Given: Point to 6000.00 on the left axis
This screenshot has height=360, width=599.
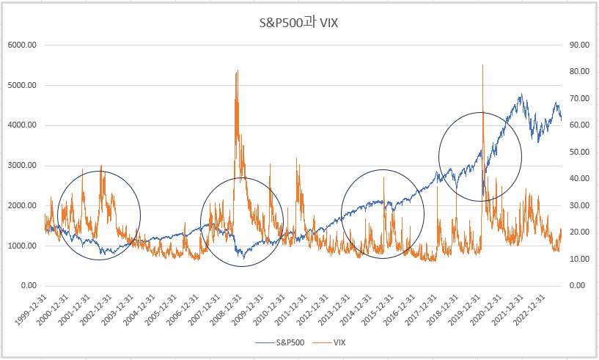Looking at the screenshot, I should tap(22, 45).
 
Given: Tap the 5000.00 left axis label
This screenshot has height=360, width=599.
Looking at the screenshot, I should tap(22, 85).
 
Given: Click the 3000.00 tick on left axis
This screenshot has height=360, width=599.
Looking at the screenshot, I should tap(22, 165).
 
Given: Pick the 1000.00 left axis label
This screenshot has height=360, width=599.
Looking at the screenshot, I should tap(22, 246).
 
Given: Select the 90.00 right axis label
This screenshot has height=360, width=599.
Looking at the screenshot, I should tap(580, 45).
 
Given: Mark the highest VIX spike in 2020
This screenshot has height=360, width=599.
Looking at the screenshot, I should tap(482, 65).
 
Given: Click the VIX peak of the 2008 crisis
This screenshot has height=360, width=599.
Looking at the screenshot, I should tap(237, 71).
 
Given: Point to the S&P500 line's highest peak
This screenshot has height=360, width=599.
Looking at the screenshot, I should tap(521, 94).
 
